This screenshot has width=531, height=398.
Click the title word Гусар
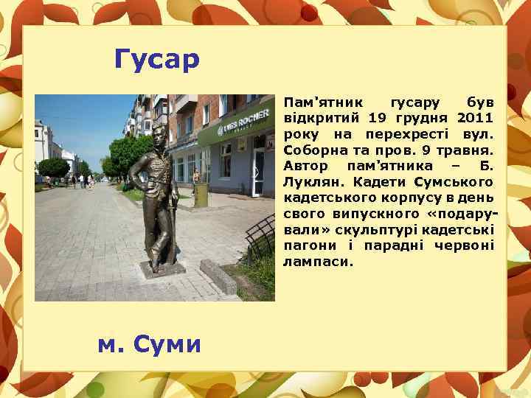pos(157,60)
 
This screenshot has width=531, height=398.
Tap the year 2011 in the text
pos(475,116)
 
